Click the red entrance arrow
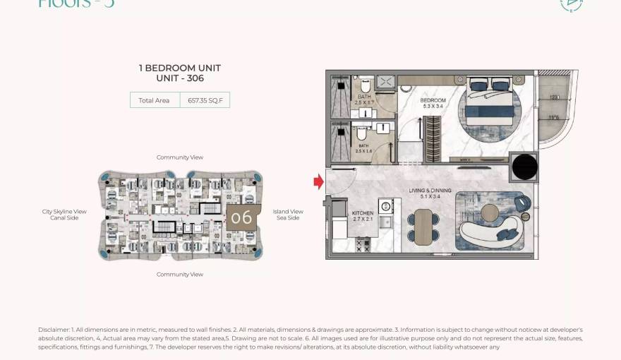click(318, 182)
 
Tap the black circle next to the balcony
click(524, 167)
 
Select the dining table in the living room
click(422, 228)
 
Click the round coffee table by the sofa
click(488, 213)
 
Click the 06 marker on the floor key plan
click(241, 218)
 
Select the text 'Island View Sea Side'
click(288, 215)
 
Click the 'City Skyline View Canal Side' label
click(64, 215)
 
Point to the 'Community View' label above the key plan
click(180, 157)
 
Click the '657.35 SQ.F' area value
click(205, 100)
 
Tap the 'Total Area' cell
click(154, 100)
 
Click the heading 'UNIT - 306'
click(180, 78)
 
